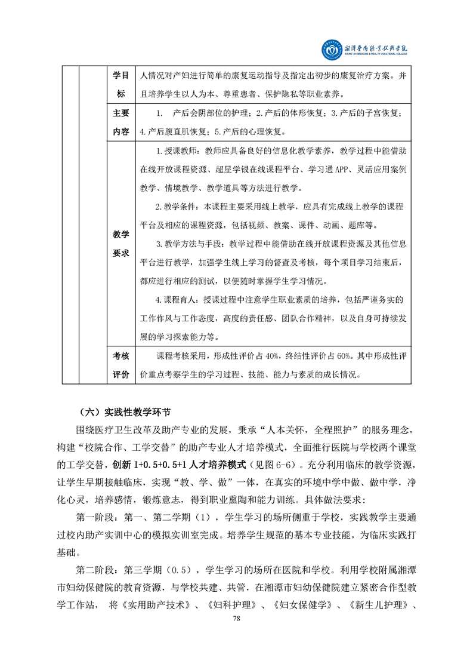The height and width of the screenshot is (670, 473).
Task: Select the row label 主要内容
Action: point(121,122)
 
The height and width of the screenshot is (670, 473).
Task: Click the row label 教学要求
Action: point(121,242)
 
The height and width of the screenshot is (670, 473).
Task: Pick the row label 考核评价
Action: point(121,365)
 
